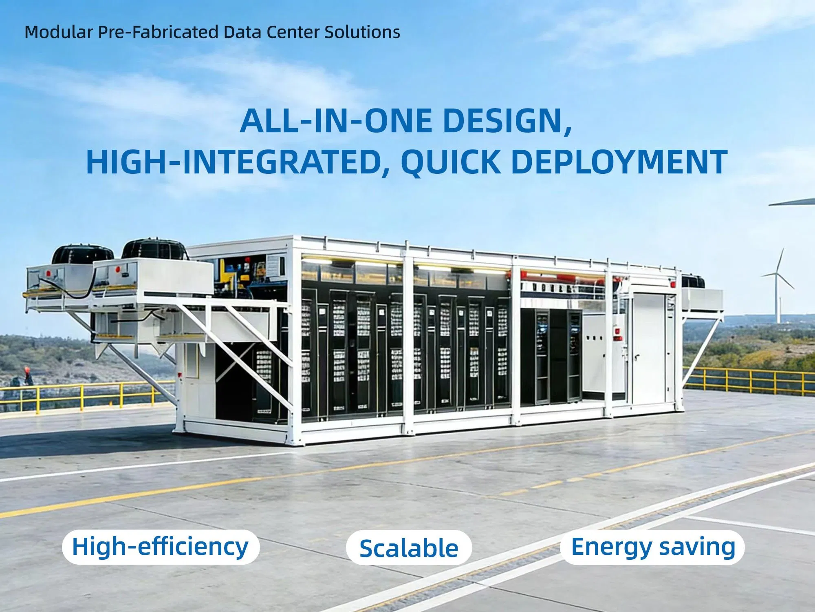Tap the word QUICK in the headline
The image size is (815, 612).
click(450, 162)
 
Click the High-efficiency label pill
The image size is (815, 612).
click(161, 547)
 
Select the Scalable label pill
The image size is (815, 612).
click(409, 548)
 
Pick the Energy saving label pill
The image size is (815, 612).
click(652, 547)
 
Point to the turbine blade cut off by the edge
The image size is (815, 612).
click(793, 202)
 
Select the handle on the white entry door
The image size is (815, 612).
click(637, 358)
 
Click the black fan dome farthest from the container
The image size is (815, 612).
click(83, 255)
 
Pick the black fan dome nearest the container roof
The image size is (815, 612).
click(154, 249)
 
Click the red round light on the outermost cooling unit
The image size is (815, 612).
click(48, 272)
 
